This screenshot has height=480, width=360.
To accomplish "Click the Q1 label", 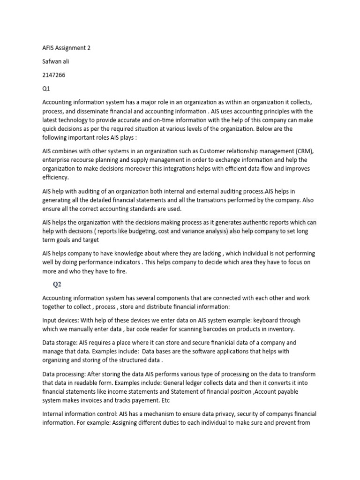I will (46, 88).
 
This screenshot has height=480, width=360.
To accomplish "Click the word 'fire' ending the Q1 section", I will (120, 271).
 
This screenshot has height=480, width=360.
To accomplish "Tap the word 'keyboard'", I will (261, 320).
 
